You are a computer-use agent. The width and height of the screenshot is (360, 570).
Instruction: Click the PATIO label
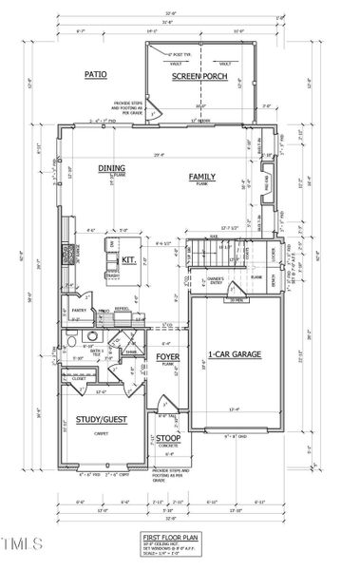click(x=95, y=73)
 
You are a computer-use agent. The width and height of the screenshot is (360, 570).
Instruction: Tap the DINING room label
click(x=111, y=168)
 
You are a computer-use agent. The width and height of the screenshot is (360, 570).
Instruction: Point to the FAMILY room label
click(x=201, y=177)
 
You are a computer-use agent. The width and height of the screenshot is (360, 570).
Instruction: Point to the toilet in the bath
click(x=91, y=335)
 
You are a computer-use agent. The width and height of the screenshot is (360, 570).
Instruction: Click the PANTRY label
click(x=80, y=309)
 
